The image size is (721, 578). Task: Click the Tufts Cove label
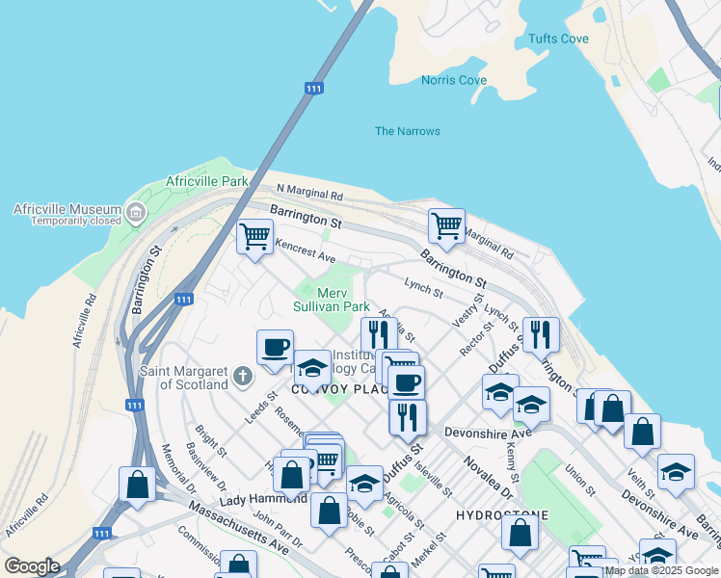[558, 39]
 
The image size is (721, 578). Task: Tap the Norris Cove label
[454, 81]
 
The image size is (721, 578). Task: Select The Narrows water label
[407, 131]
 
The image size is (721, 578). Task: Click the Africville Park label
[206, 181]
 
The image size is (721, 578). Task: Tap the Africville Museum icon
[135, 211]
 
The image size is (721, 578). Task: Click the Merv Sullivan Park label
[332, 299]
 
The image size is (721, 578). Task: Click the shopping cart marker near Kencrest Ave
[255, 236]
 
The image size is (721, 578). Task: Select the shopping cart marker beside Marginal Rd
[446, 226]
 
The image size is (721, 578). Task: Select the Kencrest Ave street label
[304, 252]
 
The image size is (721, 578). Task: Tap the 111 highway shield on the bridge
[313, 89]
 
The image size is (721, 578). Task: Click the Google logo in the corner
[32, 566]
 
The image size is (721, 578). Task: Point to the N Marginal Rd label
[309, 194]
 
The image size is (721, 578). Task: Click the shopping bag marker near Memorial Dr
[138, 484]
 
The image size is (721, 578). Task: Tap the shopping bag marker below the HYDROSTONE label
[521, 533]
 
